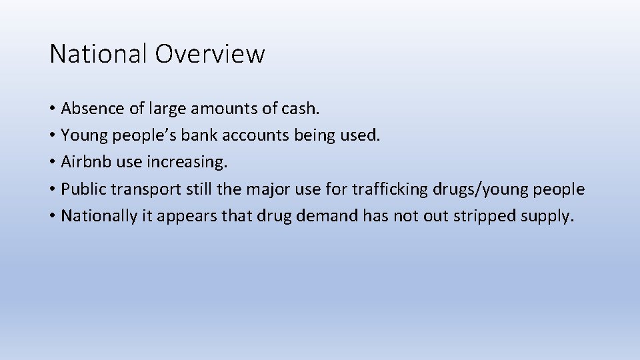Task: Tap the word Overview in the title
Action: coord(210,53)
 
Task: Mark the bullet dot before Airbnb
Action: coord(53,163)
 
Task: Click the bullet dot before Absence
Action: coord(53,109)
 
